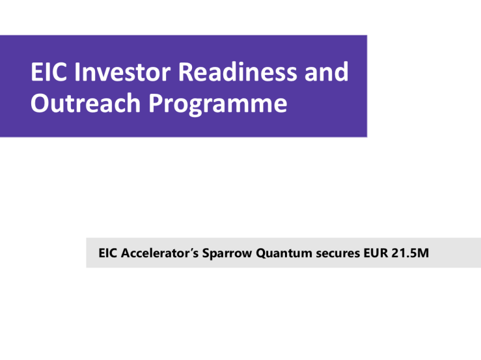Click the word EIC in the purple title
(x=48, y=72)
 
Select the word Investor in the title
(x=122, y=72)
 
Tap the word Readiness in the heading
(x=238, y=72)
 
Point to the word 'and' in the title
(x=326, y=72)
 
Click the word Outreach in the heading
(x=85, y=103)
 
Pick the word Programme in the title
(x=218, y=104)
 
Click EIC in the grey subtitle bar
(x=107, y=253)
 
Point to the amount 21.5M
(x=410, y=253)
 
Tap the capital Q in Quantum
(x=261, y=253)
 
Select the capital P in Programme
(x=156, y=103)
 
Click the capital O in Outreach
(x=40, y=103)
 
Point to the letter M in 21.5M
(x=422, y=253)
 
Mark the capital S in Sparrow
(x=206, y=253)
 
